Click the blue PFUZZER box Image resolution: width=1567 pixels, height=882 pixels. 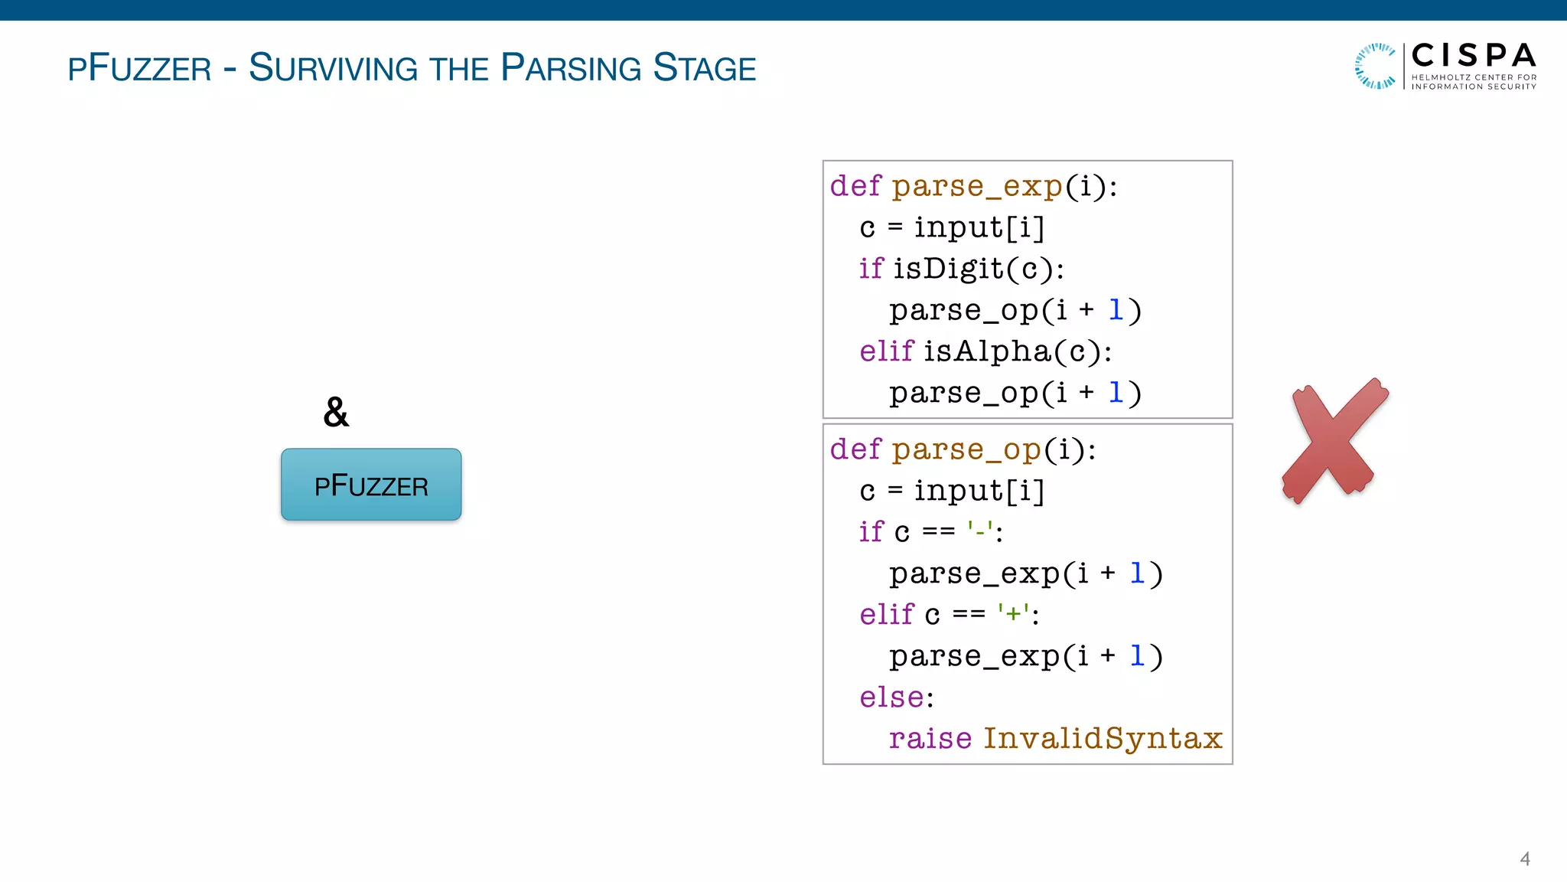click(371, 485)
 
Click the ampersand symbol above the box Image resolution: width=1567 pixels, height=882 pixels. click(336, 413)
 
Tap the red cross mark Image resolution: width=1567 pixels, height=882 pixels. click(1334, 441)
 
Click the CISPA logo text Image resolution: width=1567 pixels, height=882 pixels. click(1473, 56)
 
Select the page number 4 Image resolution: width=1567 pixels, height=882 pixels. click(1524, 859)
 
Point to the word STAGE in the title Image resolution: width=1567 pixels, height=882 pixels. click(704, 68)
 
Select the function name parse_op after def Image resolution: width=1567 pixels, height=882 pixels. click(966, 449)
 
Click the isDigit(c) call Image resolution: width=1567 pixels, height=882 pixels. click(978, 269)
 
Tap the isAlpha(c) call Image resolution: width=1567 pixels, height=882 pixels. click(1017, 351)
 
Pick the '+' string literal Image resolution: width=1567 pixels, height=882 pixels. click(1013, 613)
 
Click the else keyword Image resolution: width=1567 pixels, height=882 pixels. click(891, 697)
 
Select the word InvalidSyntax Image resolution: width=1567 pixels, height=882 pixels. click(1102, 739)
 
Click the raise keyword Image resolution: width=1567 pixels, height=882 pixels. click(930, 739)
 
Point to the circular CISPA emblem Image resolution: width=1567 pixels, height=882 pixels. click(1375, 66)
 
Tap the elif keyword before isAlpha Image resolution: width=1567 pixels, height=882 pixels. click(886, 351)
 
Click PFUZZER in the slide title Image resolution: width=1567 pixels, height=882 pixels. click(139, 68)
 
